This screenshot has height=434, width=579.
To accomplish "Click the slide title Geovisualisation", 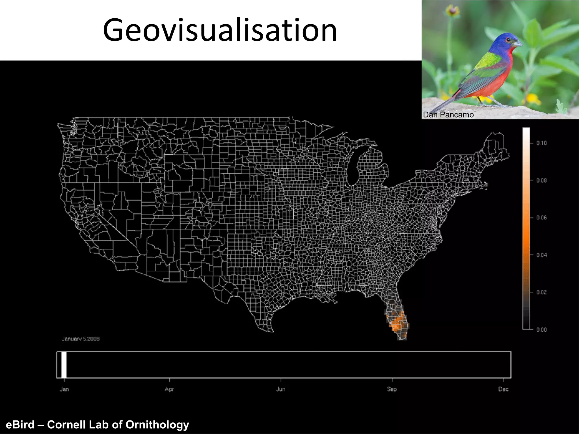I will pos(220,30).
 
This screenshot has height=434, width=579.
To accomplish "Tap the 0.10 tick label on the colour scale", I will pos(541,143).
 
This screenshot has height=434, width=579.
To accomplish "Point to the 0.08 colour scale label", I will pos(541,181).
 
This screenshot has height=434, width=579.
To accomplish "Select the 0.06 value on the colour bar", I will pos(541,218).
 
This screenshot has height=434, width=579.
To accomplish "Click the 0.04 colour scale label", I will pos(541,255).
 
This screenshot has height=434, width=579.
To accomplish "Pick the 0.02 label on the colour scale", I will pos(541,292).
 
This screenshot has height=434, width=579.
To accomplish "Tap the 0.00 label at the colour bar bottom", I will pos(541,330).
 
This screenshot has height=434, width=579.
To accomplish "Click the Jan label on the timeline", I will pos(64,389).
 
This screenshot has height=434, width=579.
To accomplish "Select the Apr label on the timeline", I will pos(169,389).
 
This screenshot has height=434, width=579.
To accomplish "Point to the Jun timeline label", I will pos(281,389).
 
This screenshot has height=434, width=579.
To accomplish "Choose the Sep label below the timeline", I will pos(392,389).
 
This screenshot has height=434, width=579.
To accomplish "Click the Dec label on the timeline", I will pos(503,389).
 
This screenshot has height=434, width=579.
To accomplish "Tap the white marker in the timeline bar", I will pos(64,364).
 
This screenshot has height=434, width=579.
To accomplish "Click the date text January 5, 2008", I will pos(81,339).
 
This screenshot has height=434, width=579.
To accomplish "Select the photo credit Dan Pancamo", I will pos(448,115).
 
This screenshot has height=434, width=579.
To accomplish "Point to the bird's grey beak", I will pos(518,44).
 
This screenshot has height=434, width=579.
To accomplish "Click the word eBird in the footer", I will pos(20,425).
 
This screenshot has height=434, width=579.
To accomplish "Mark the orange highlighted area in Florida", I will pos(397,322).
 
